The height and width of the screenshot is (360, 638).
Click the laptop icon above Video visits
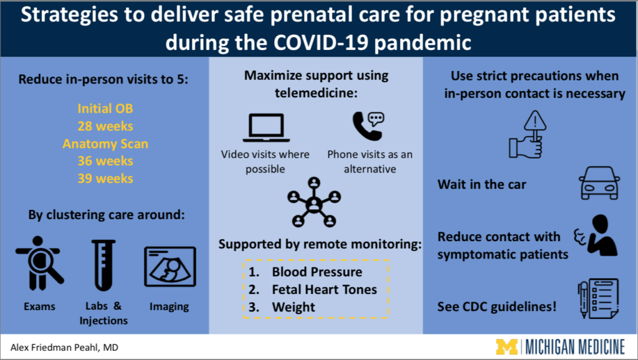(x=266, y=128)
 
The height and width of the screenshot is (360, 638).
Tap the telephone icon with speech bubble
(x=368, y=126)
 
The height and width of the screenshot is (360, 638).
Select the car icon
(x=599, y=183)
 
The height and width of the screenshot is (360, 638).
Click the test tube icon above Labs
(x=103, y=265)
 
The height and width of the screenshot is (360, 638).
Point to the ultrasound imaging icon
(x=170, y=267)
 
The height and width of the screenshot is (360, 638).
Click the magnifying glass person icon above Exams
(x=39, y=263)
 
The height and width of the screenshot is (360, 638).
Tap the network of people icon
(x=314, y=202)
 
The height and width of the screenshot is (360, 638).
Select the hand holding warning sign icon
(x=527, y=135)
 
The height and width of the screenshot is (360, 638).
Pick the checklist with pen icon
(x=598, y=298)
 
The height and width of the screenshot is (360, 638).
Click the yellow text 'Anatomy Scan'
(x=105, y=144)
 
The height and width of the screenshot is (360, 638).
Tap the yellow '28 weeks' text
(x=105, y=126)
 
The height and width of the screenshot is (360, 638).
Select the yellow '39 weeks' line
(x=105, y=179)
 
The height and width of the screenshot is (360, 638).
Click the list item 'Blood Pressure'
(x=317, y=272)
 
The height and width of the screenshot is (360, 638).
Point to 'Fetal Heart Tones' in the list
(x=324, y=289)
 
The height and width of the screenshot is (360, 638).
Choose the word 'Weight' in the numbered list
(x=293, y=307)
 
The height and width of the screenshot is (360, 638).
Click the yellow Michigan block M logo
(x=507, y=347)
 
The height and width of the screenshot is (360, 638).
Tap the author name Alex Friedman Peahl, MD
(x=64, y=348)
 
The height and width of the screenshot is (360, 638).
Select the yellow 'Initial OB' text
(x=105, y=108)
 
